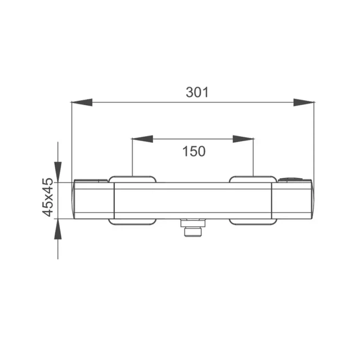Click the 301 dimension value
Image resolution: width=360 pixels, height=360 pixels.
click(x=197, y=93)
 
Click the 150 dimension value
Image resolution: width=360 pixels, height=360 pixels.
click(x=194, y=151)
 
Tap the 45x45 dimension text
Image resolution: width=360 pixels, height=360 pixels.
click(x=48, y=197)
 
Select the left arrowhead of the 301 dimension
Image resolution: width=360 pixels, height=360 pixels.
click(x=82, y=102)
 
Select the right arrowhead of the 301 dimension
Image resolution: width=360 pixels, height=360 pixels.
click(x=304, y=102)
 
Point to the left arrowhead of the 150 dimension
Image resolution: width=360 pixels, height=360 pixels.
click(x=143, y=139)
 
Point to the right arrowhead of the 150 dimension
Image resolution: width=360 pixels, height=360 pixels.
click(x=243, y=139)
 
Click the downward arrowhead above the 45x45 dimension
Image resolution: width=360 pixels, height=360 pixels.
click(x=58, y=172)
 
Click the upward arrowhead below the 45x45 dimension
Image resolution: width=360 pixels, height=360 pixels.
click(x=58, y=229)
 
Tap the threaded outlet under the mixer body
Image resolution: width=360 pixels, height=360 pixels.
click(x=193, y=232)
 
